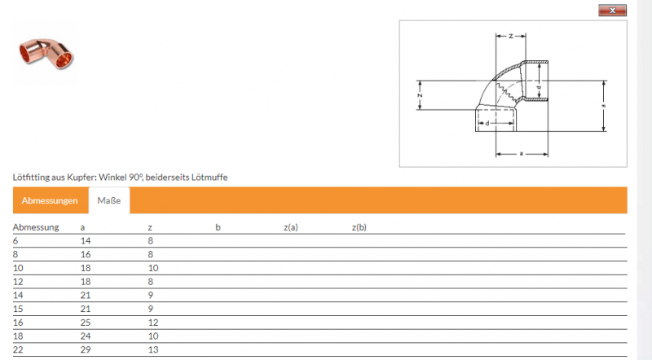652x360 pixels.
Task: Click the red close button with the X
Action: click(612, 11)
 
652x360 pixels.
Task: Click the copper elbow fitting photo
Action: click(46, 53)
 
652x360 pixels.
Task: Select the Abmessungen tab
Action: click(50, 200)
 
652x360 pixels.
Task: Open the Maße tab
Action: click(109, 200)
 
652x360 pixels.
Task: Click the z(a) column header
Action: click(291, 227)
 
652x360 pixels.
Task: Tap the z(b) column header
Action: click(359, 227)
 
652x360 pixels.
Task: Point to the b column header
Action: click(218, 227)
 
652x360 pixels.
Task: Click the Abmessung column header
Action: click(36, 227)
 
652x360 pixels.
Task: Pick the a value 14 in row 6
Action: click(86, 241)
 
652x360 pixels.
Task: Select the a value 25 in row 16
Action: click(86, 323)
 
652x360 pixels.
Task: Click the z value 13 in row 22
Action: click(153, 349)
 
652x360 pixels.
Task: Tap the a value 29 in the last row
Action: click(86, 349)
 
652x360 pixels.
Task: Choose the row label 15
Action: click(18, 309)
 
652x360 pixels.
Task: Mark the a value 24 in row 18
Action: click(86, 336)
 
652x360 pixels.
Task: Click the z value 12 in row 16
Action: click(153, 323)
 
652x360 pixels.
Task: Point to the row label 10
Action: click(18, 268)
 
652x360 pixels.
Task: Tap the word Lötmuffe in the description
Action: click(209, 177)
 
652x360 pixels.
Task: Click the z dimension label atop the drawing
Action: click(511, 36)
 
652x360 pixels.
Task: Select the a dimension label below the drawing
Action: click(522, 154)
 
